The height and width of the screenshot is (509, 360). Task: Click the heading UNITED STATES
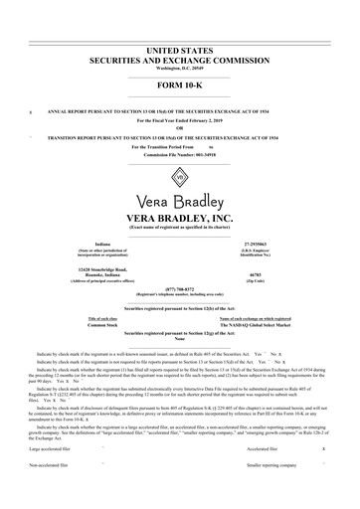pyautogui.click(x=180, y=48)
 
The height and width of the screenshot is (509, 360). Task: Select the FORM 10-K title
pyautogui.click(x=180, y=84)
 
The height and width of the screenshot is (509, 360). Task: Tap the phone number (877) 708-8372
pyautogui.click(x=180, y=291)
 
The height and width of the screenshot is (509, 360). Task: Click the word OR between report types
pyautogui.click(x=180, y=126)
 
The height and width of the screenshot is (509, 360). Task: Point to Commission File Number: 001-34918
pyautogui.click(x=180, y=153)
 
